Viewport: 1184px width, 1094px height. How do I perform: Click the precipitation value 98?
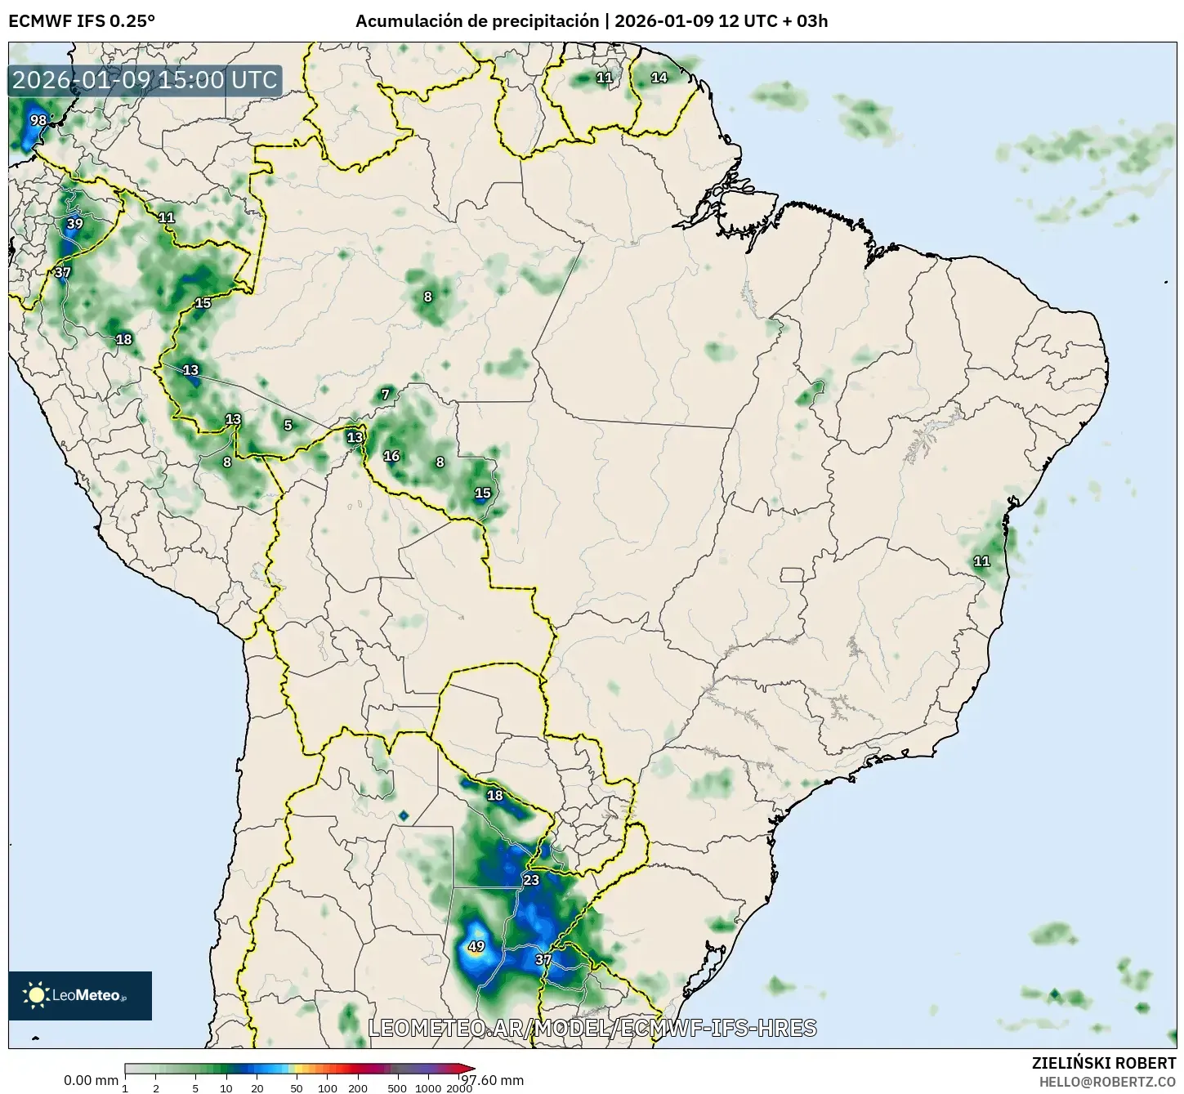[38, 121]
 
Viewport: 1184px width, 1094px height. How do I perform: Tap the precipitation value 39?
[74, 224]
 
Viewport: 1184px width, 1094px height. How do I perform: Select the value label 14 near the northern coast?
[659, 78]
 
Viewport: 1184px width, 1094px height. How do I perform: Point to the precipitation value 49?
[476, 947]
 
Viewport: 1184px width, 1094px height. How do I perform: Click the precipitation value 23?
[531, 880]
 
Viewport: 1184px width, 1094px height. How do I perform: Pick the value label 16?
[391, 456]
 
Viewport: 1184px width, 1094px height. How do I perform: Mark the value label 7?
[386, 395]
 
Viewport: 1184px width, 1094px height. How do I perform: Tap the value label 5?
[288, 425]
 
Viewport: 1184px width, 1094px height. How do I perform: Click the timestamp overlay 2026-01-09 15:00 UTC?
[145, 80]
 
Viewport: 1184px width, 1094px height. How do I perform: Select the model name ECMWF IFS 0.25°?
[82, 21]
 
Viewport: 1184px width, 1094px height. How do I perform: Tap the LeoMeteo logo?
[80, 995]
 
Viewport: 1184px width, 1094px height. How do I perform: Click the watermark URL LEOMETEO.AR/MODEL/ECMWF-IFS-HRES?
[592, 1028]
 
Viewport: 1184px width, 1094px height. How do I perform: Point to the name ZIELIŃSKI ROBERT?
[1103, 1063]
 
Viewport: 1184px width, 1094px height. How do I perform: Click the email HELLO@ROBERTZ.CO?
[1107, 1081]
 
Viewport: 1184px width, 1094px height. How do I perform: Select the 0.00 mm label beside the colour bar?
[91, 1080]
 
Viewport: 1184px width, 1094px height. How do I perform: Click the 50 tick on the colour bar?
[297, 1088]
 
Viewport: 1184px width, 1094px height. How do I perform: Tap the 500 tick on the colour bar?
[397, 1088]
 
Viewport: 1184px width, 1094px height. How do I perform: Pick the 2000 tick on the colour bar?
[460, 1088]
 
